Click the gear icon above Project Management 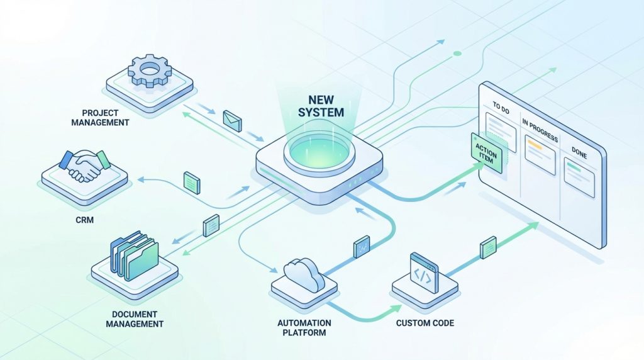tap(149, 72)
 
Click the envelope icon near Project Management tap(232, 120)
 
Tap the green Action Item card tap(486, 153)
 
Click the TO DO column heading tap(501, 107)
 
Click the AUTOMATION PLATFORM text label tap(304, 327)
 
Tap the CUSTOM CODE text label tap(425, 323)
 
